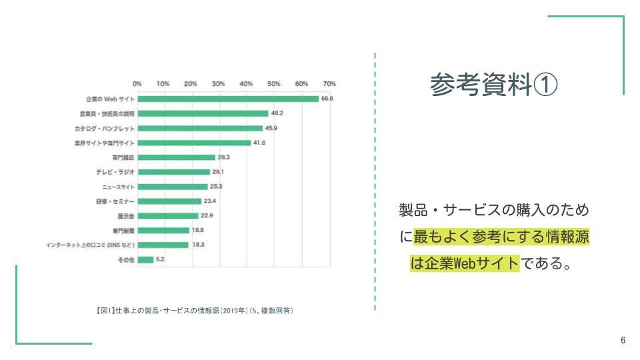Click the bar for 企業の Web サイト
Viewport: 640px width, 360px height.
(x=228, y=99)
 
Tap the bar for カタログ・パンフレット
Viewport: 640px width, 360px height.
(x=200, y=128)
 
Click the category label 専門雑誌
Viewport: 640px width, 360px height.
(x=123, y=157)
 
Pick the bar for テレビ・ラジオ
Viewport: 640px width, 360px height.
(x=173, y=172)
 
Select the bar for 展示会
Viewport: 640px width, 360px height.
(x=168, y=215)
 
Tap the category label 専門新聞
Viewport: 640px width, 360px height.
(x=123, y=230)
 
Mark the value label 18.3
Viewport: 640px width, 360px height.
(x=199, y=245)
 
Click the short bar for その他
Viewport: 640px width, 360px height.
(x=145, y=259)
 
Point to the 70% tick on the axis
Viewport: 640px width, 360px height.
(x=329, y=84)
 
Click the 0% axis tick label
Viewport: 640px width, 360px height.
(x=137, y=84)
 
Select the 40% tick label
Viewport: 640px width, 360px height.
(x=246, y=84)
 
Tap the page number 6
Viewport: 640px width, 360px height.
(x=623, y=341)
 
